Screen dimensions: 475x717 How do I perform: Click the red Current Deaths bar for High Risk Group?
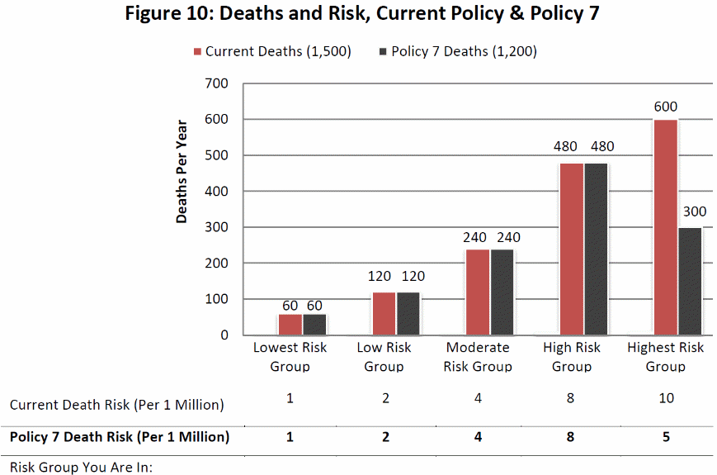click(571, 249)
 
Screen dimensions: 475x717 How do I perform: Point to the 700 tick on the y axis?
click(217, 83)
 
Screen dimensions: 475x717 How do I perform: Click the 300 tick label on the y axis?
click(217, 227)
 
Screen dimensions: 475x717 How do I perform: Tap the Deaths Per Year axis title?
click(182, 172)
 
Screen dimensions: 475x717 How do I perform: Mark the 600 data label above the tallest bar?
click(665, 107)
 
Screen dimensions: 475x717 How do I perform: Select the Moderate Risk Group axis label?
click(478, 357)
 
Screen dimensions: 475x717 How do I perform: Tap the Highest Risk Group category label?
click(665, 357)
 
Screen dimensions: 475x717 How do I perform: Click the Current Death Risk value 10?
click(666, 398)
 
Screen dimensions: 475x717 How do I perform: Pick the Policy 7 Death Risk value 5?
click(666, 437)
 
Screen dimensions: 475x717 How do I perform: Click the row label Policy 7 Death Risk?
click(120, 437)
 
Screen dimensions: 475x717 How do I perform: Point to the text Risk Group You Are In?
click(82, 467)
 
